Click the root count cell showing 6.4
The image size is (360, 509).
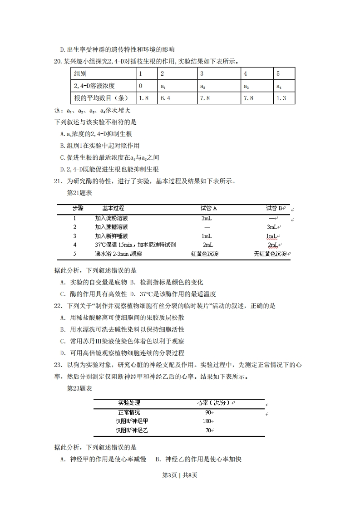coord(165,98)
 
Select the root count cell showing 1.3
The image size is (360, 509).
coord(281,98)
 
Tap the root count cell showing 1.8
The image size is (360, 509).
coord(143,98)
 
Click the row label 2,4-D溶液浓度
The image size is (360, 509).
coord(94,86)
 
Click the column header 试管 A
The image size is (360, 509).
coord(209,208)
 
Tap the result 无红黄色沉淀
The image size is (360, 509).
coord(271,254)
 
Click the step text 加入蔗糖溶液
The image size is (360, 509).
coord(111,227)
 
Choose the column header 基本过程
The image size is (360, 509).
coord(113,208)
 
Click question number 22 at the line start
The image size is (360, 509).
coord(58,306)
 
